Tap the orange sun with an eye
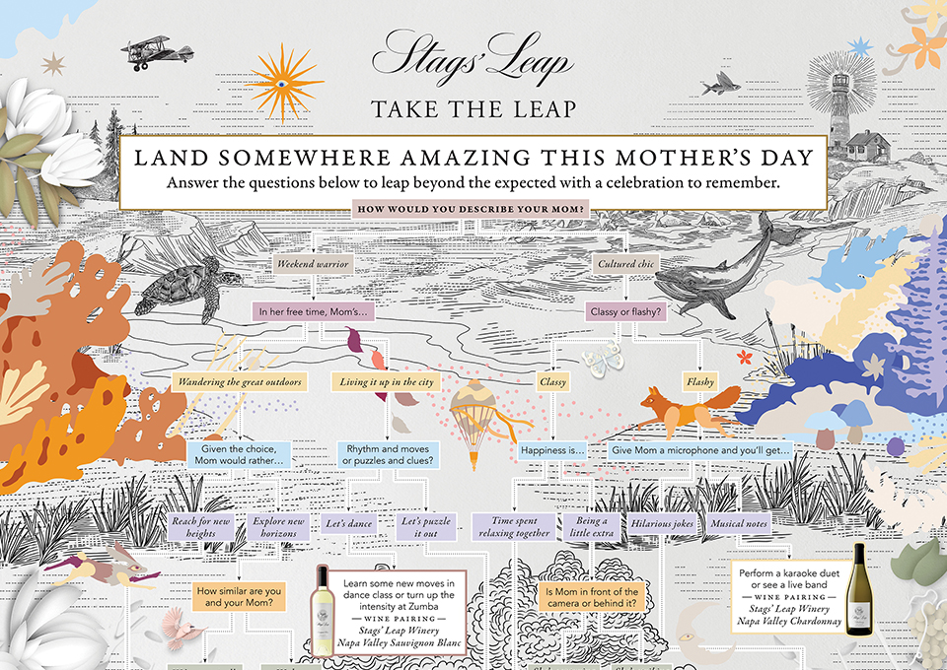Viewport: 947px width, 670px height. [284, 83]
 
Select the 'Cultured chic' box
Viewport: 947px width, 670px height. [628, 264]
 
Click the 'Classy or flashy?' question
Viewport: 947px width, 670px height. [625, 312]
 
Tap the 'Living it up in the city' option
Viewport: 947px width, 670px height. [388, 381]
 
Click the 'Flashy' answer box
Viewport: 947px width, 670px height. [699, 381]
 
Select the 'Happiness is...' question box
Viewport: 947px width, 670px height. [552, 450]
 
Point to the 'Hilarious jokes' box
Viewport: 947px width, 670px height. [663, 524]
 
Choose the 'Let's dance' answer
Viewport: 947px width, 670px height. [349, 524]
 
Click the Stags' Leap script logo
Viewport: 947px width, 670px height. [473, 55]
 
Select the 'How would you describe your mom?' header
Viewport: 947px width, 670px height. [473, 209]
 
